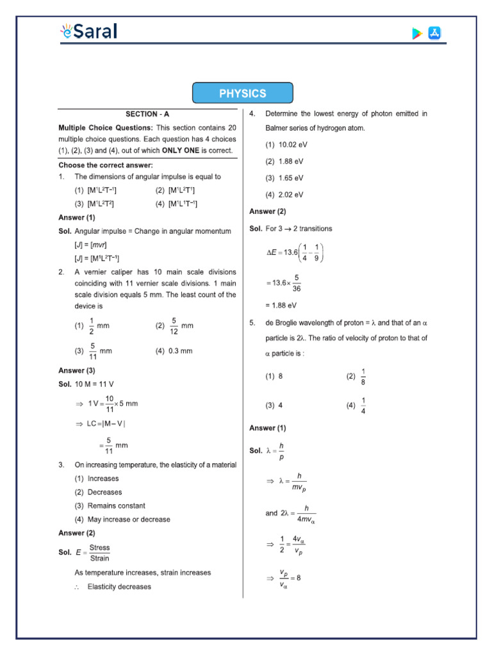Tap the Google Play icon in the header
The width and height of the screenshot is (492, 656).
tap(417, 34)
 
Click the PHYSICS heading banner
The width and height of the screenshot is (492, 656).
tap(243, 94)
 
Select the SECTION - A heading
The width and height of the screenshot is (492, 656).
tap(147, 114)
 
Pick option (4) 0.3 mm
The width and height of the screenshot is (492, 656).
tap(174, 351)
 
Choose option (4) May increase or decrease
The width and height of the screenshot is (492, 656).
tap(122, 520)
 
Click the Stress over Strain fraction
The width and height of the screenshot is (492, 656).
tap(99, 553)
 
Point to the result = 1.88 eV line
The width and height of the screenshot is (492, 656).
tap(281, 306)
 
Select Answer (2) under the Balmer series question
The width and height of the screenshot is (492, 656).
tap(268, 211)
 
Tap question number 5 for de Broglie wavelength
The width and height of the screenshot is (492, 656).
tap(252, 324)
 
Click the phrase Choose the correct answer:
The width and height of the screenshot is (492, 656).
tap(106, 165)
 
